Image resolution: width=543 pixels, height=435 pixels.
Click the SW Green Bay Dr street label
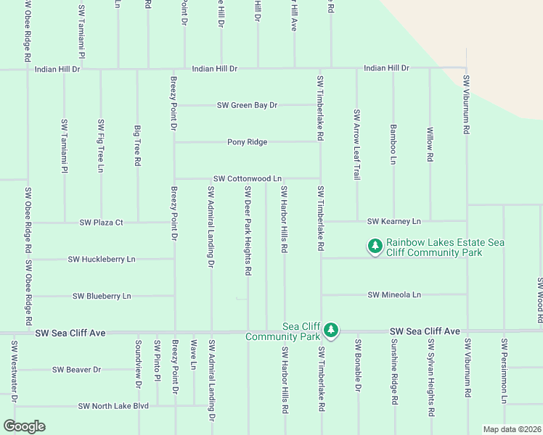pyautogui.click(x=247, y=105)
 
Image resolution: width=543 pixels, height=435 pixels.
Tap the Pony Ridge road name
pyautogui.click(x=247, y=142)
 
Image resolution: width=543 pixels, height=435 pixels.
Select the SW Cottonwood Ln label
pyautogui.click(x=247, y=178)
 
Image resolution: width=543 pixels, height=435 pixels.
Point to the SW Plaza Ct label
pyautogui.click(x=101, y=222)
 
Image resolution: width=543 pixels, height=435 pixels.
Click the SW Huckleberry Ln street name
pyautogui.click(x=102, y=259)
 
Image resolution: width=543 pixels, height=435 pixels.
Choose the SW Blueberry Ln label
pyautogui.click(x=102, y=296)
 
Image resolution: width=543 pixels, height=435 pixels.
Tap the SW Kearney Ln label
pyautogui.click(x=394, y=221)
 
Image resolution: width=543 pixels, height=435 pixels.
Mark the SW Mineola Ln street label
pyautogui.click(x=394, y=295)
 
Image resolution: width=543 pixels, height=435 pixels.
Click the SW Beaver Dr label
pyautogui.click(x=76, y=370)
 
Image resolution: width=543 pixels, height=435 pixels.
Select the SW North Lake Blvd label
pyautogui.click(x=113, y=406)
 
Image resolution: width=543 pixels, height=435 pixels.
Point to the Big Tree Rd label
pyautogui.click(x=137, y=146)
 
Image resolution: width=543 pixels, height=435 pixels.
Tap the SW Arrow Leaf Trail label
pyautogui.click(x=356, y=144)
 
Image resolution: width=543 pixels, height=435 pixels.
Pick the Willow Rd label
pyautogui.click(x=430, y=144)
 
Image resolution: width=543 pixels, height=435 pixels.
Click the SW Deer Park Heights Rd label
pyautogui.click(x=248, y=231)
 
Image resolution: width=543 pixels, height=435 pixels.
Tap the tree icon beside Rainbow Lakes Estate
pyautogui.click(x=375, y=247)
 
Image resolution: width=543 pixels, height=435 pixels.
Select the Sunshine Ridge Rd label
pyautogui.click(x=393, y=371)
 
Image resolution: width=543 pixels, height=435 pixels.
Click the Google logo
pyautogui.click(x=24, y=426)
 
